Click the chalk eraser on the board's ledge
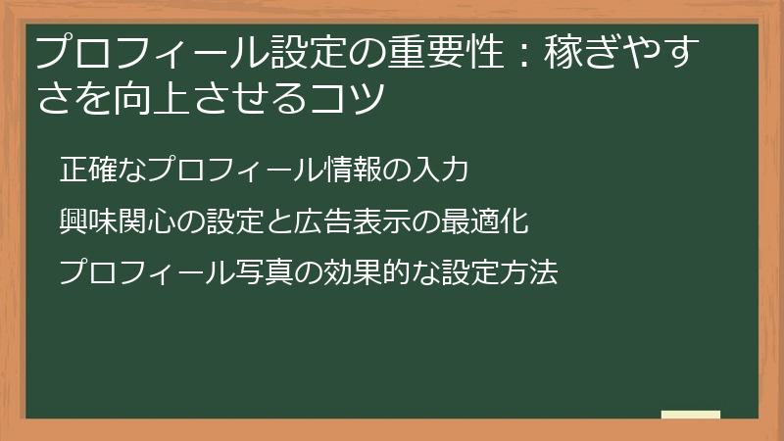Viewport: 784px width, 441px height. (691, 414)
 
